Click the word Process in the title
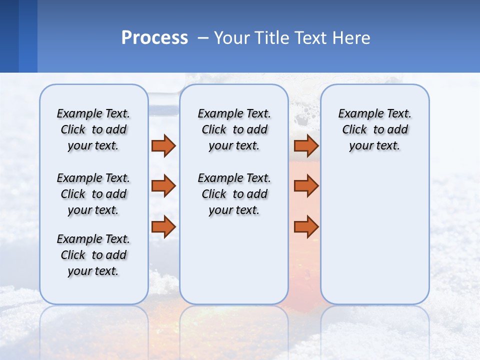154,38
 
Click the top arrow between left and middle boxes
163,145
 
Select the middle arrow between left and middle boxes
163,186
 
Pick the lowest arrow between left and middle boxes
163,226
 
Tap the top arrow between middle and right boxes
306,145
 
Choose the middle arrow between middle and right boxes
306,186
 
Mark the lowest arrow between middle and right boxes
306,226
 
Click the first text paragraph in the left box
93,129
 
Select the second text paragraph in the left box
93,194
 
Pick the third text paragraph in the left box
93,255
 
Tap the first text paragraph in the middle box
234,129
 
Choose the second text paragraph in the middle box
234,194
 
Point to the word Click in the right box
354,130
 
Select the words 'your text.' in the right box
374,146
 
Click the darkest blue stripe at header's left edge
9,36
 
